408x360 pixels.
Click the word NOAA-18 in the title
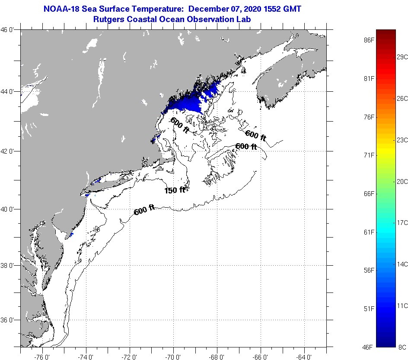point(62,9)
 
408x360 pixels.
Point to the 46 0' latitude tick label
point(10,30)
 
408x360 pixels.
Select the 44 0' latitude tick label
point(10,92)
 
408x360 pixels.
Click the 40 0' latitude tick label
point(10,209)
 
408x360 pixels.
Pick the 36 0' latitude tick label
point(10,320)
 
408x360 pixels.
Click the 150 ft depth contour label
point(175,190)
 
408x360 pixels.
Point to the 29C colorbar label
point(402,57)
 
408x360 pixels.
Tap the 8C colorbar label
point(402,347)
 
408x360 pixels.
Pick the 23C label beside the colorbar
point(402,140)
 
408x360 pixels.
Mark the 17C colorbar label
point(402,223)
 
